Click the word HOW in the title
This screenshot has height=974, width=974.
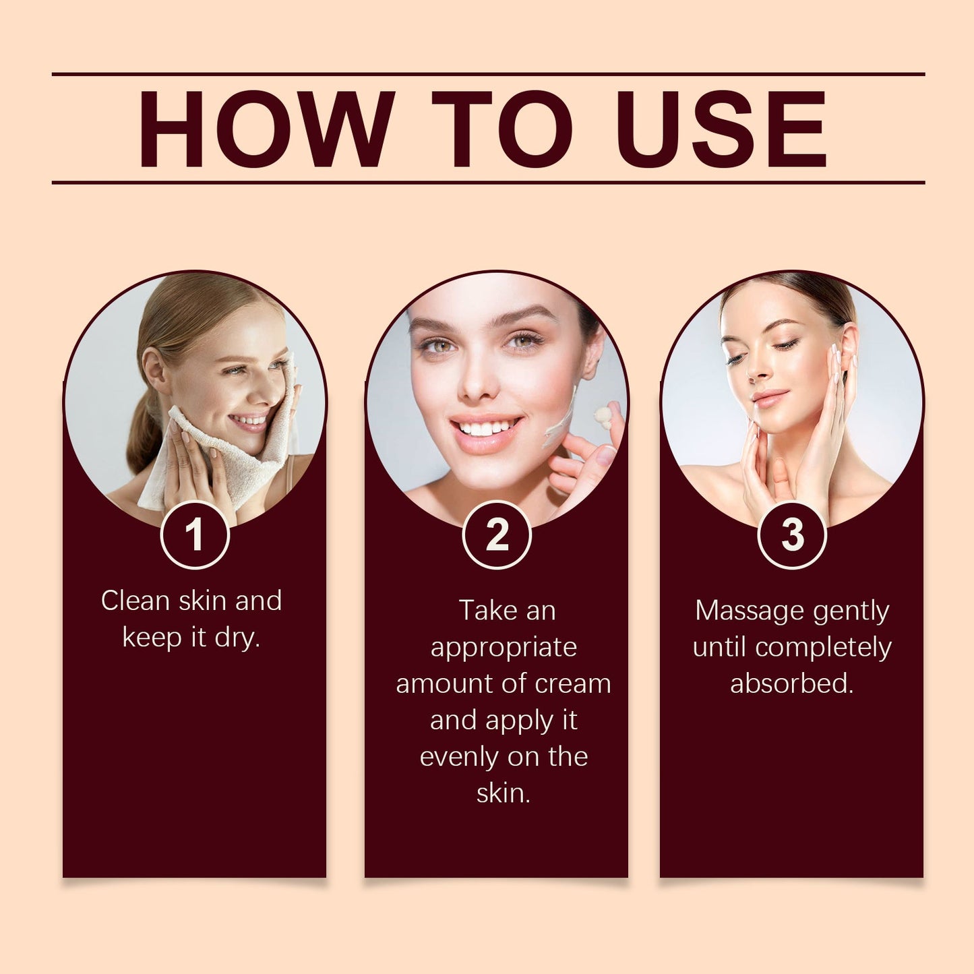(266, 129)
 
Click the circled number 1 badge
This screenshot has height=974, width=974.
(195, 535)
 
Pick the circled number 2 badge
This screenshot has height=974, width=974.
(496, 535)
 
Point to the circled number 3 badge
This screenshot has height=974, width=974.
(792, 535)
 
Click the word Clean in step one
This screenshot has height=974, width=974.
(135, 601)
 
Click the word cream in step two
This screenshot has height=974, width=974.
(573, 684)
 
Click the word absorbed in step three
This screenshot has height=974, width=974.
(792, 684)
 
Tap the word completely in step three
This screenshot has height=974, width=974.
(824, 648)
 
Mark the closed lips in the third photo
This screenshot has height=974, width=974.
(768, 398)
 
